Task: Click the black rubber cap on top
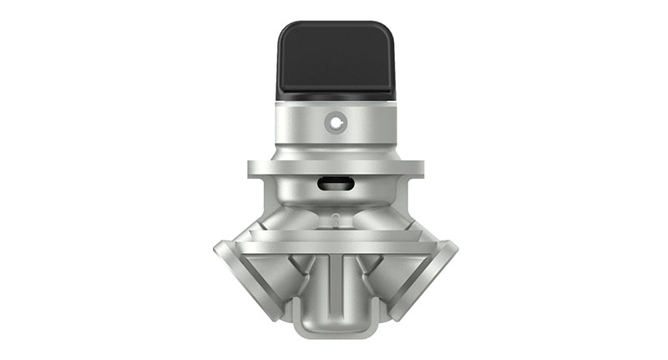(x=335, y=58)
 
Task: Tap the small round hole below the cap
(x=335, y=123)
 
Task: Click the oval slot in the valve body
(x=335, y=185)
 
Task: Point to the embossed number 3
(x=335, y=221)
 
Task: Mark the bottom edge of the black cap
(x=335, y=94)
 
